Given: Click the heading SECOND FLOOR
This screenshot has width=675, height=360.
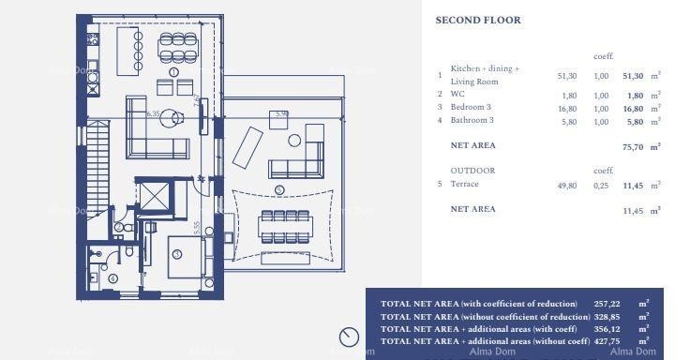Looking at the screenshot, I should click(491, 21).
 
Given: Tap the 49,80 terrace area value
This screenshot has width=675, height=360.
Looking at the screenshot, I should click(567, 186).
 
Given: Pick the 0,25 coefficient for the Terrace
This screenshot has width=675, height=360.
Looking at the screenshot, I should click(601, 186).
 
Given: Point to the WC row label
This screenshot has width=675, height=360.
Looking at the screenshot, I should click(457, 95).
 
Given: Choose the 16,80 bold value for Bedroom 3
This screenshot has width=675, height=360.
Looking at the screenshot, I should click(634, 108).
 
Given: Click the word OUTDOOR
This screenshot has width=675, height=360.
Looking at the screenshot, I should click(472, 171).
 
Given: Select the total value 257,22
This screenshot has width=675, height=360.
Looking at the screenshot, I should click(607, 304).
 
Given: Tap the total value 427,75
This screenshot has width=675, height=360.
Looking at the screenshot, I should click(607, 340).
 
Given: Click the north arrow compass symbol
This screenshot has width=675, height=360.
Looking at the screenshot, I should click(349, 337).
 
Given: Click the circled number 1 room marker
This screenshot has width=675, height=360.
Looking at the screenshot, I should click(173, 72).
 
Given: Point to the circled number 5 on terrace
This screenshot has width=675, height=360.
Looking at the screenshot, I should click(279, 190).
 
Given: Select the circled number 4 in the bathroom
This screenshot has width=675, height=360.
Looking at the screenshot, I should click(113, 278).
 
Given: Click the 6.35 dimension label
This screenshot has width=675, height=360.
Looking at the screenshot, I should click(155, 114).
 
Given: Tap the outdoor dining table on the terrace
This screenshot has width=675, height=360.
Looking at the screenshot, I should click(285, 226).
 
